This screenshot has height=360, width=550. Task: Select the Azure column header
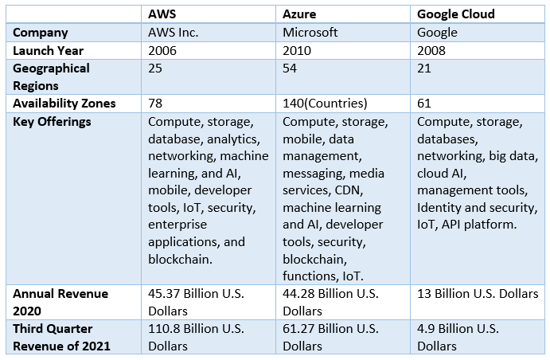pyautogui.click(x=300, y=14)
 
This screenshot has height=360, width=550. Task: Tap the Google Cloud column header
pyautogui.click(x=456, y=14)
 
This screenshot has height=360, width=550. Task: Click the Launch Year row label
pyautogui.click(x=48, y=50)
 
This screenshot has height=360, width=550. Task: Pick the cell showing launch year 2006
pyautogui.click(x=163, y=50)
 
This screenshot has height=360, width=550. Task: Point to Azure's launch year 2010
pyautogui.click(x=298, y=50)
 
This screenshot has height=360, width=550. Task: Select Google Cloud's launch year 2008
pyautogui.click(x=433, y=50)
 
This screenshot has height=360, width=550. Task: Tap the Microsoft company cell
pyautogui.click(x=310, y=33)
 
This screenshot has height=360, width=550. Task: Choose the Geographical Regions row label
pyautogui.click(x=51, y=76)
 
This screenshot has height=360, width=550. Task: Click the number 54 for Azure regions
pyautogui.click(x=291, y=68)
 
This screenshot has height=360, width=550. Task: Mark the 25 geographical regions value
pyautogui.click(x=156, y=68)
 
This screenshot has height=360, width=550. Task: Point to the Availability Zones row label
pyautogui.click(x=64, y=104)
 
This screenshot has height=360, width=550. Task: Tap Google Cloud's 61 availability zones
pyautogui.click(x=425, y=104)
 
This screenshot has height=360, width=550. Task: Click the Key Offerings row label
pyautogui.click(x=52, y=121)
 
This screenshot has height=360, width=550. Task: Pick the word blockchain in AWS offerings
pyautogui.click(x=180, y=259)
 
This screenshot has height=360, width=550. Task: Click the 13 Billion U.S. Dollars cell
pyautogui.click(x=478, y=294)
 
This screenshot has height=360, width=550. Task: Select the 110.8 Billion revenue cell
pyautogui.click(x=196, y=329)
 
